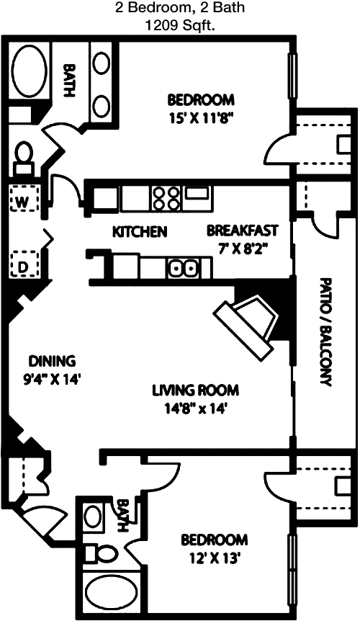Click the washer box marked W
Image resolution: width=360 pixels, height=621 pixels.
click(x=24, y=198)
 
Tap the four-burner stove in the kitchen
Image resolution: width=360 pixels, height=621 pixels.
click(x=166, y=198)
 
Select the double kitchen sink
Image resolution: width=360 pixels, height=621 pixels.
click(x=183, y=269)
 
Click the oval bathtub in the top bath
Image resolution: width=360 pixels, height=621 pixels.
click(x=30, y=71)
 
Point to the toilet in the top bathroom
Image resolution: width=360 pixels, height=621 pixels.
click(x=24, y=158)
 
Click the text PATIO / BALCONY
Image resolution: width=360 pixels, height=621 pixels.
click(x=325, y=332)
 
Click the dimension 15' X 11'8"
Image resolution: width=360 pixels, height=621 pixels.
click(x=201, y=119)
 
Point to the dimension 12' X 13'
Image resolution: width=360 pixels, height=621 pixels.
click(x=215, y=559)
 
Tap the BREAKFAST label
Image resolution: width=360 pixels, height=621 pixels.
click(x=243, y=230)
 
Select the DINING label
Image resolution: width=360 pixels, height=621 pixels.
click(x=53, y=361)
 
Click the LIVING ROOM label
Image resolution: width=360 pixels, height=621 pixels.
click(x=196, y=390)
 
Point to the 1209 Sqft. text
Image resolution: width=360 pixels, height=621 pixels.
click(x=179, y=26)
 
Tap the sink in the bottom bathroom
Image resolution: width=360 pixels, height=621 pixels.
click(x=94, y=517)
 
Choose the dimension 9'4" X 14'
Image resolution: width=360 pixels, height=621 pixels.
click(x=53, y=380)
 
